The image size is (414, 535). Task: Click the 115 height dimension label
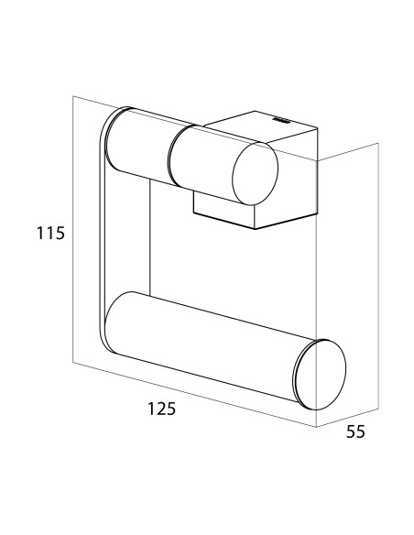point(50,234)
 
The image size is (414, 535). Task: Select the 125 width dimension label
point(161,409)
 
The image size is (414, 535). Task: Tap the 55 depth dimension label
point(355,432)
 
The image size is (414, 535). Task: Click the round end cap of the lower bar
point(321,375)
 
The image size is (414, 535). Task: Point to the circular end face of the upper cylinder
point(255,173)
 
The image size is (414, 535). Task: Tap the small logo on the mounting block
point(280,120)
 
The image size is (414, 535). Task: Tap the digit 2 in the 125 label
point(161,409)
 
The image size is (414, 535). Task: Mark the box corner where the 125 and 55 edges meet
point(317,427)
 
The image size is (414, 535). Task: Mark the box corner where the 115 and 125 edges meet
point(73,363)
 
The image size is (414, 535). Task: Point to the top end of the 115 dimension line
point(73,96)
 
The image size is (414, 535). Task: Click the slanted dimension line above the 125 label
point(195,395)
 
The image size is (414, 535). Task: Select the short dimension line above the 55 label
point(347,418)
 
